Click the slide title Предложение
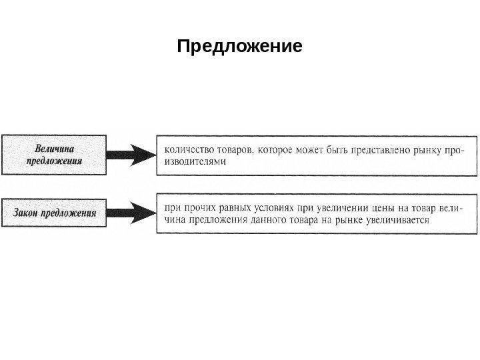coord(239,47)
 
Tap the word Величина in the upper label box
coord(54,149)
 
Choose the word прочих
coord(200,207)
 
